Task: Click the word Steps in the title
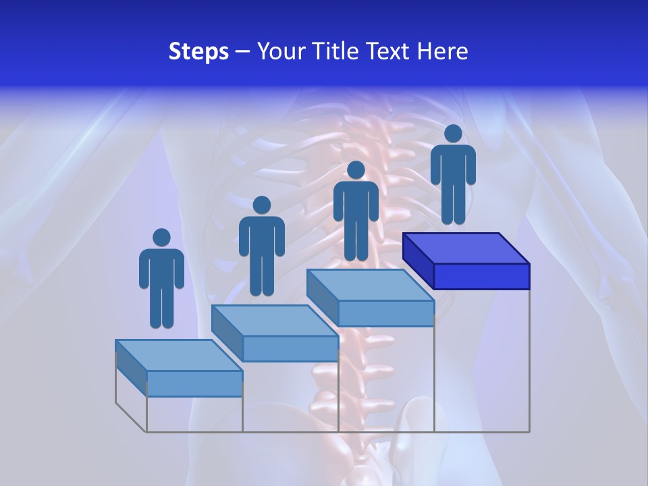198,52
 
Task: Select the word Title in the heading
335,51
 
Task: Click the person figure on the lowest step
161,283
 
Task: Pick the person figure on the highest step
453,179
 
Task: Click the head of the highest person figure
453,134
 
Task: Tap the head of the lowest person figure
161,238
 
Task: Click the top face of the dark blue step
466,248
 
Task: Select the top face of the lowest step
178,355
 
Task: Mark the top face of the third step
370,285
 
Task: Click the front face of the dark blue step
481,276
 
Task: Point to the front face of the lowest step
194,383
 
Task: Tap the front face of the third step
385,313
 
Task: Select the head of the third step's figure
356,169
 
